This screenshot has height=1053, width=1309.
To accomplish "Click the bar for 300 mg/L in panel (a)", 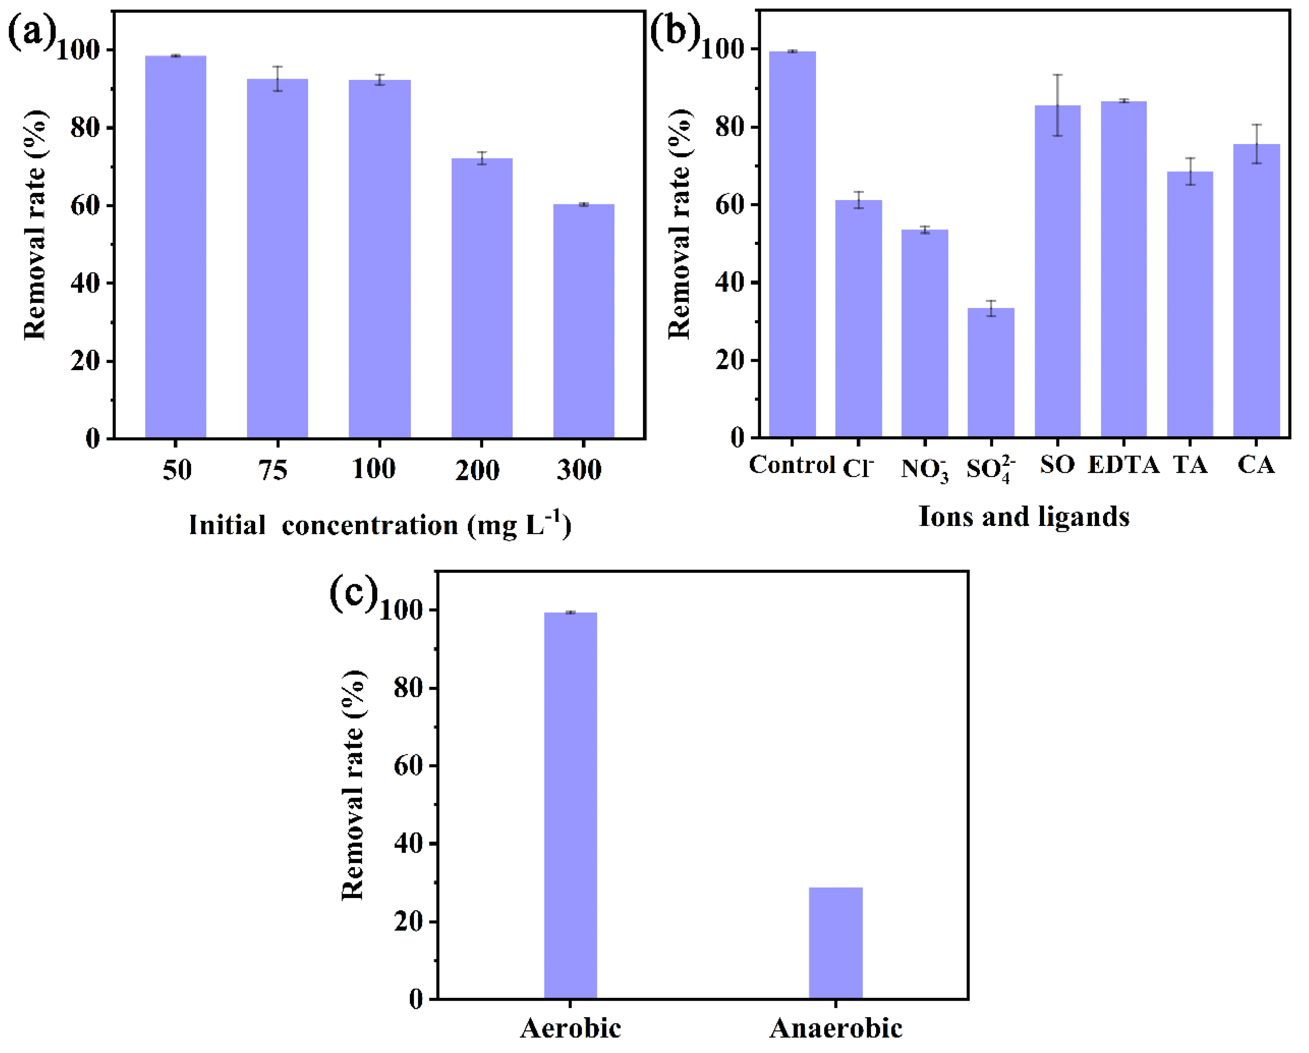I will pyautogui.click(x=584, y=321).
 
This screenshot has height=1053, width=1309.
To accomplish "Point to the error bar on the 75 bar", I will pyautogui.click(x=278, y=78).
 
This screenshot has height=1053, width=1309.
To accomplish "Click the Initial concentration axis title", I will pyautogui.click(x=380, y=525).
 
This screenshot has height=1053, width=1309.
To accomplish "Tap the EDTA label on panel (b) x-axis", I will pyautogui.click(x=1123, y=465).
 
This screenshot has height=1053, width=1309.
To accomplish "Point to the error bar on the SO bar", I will pyautogui.click(x=1057, y=105).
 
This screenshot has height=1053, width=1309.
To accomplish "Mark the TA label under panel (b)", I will pyautogui.click(x=1190, y=465).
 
